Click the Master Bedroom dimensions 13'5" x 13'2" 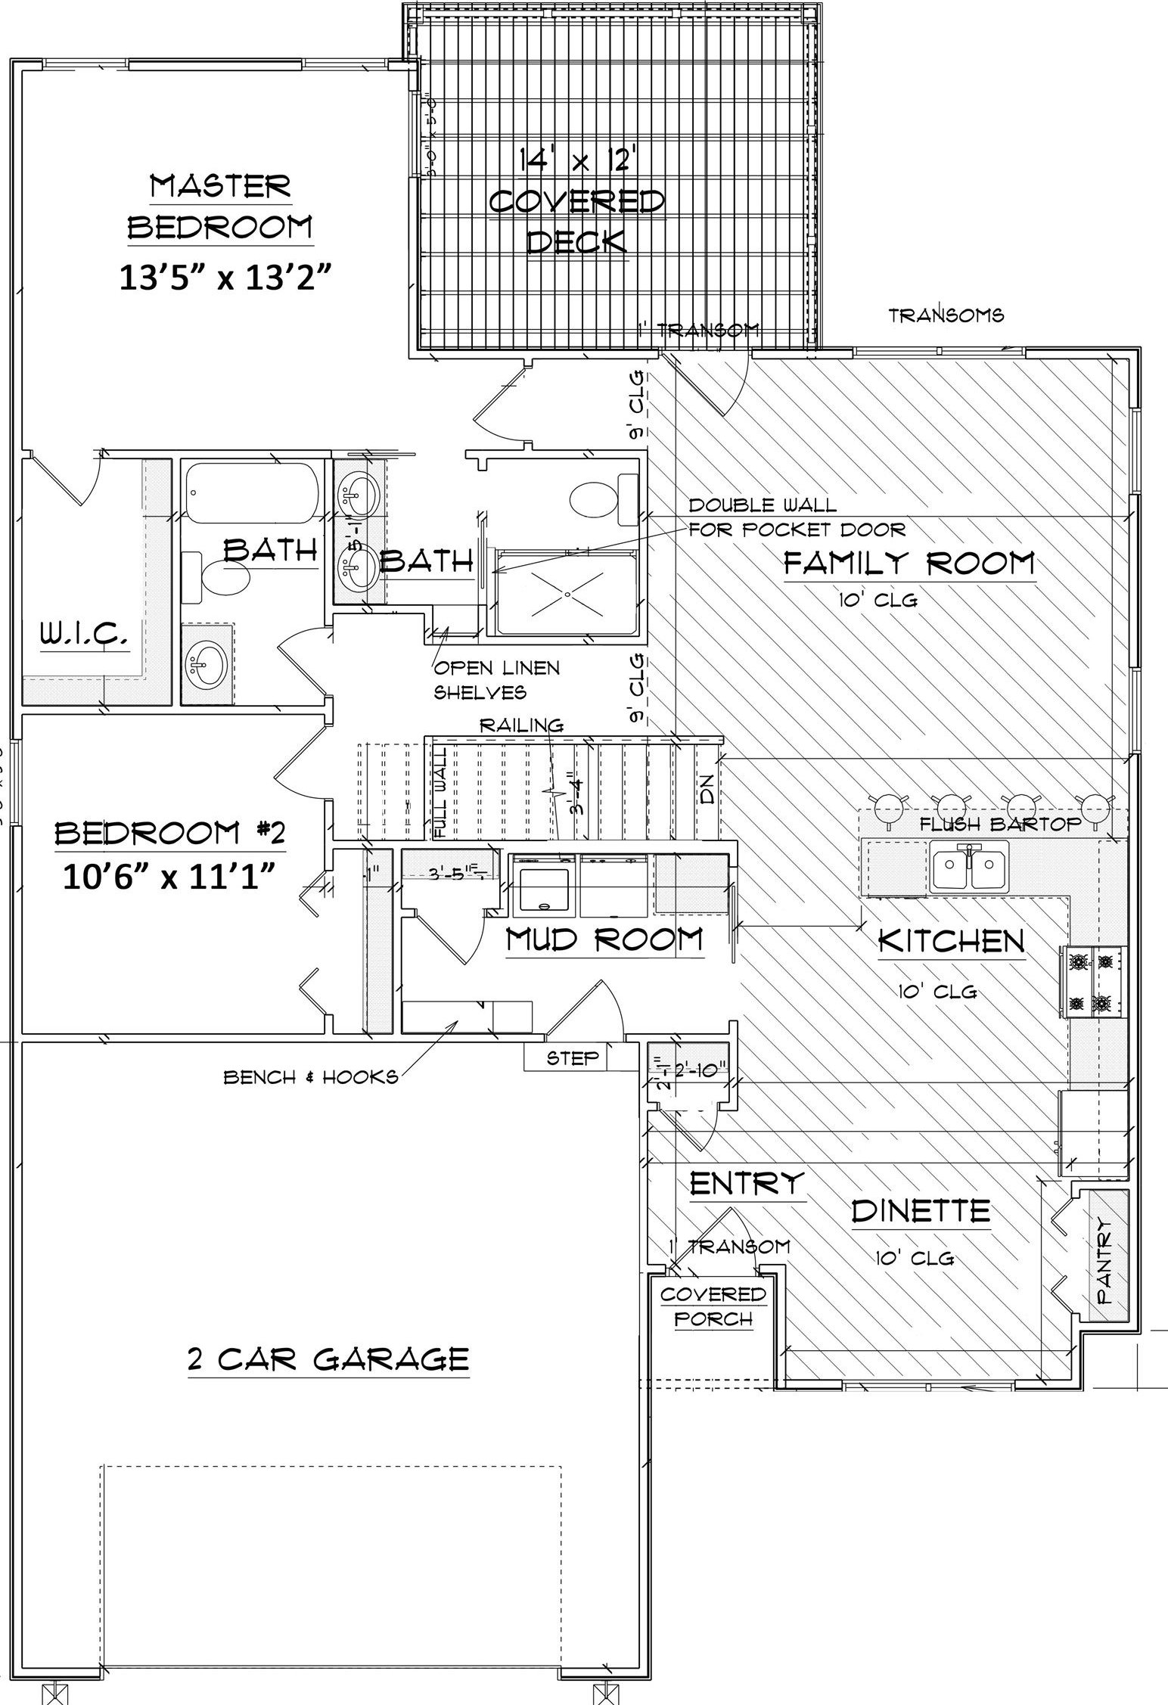click(226, 277)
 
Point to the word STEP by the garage click(573, 1058)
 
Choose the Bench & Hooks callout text click(310, 1077)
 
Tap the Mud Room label click(604, 939)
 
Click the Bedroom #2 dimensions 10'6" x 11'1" click(167, 880)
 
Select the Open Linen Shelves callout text click(496, 679)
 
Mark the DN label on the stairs click(707, 794)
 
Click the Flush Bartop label click(1000, 825)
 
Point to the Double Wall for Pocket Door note click(796, 517)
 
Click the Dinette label click(921, 1211)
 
